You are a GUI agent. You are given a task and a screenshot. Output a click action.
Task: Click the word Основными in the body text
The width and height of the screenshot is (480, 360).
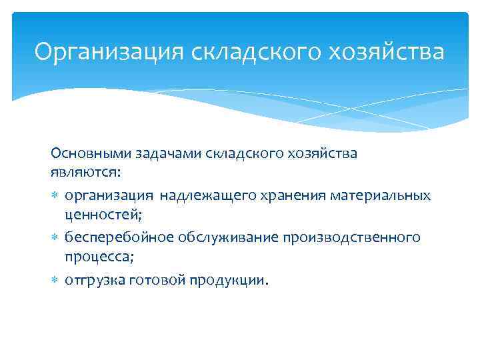[86, 154]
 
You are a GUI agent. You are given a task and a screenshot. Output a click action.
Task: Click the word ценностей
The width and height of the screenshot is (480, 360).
[102, 214]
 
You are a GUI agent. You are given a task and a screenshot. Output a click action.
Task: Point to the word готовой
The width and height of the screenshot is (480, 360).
[157, 280]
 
